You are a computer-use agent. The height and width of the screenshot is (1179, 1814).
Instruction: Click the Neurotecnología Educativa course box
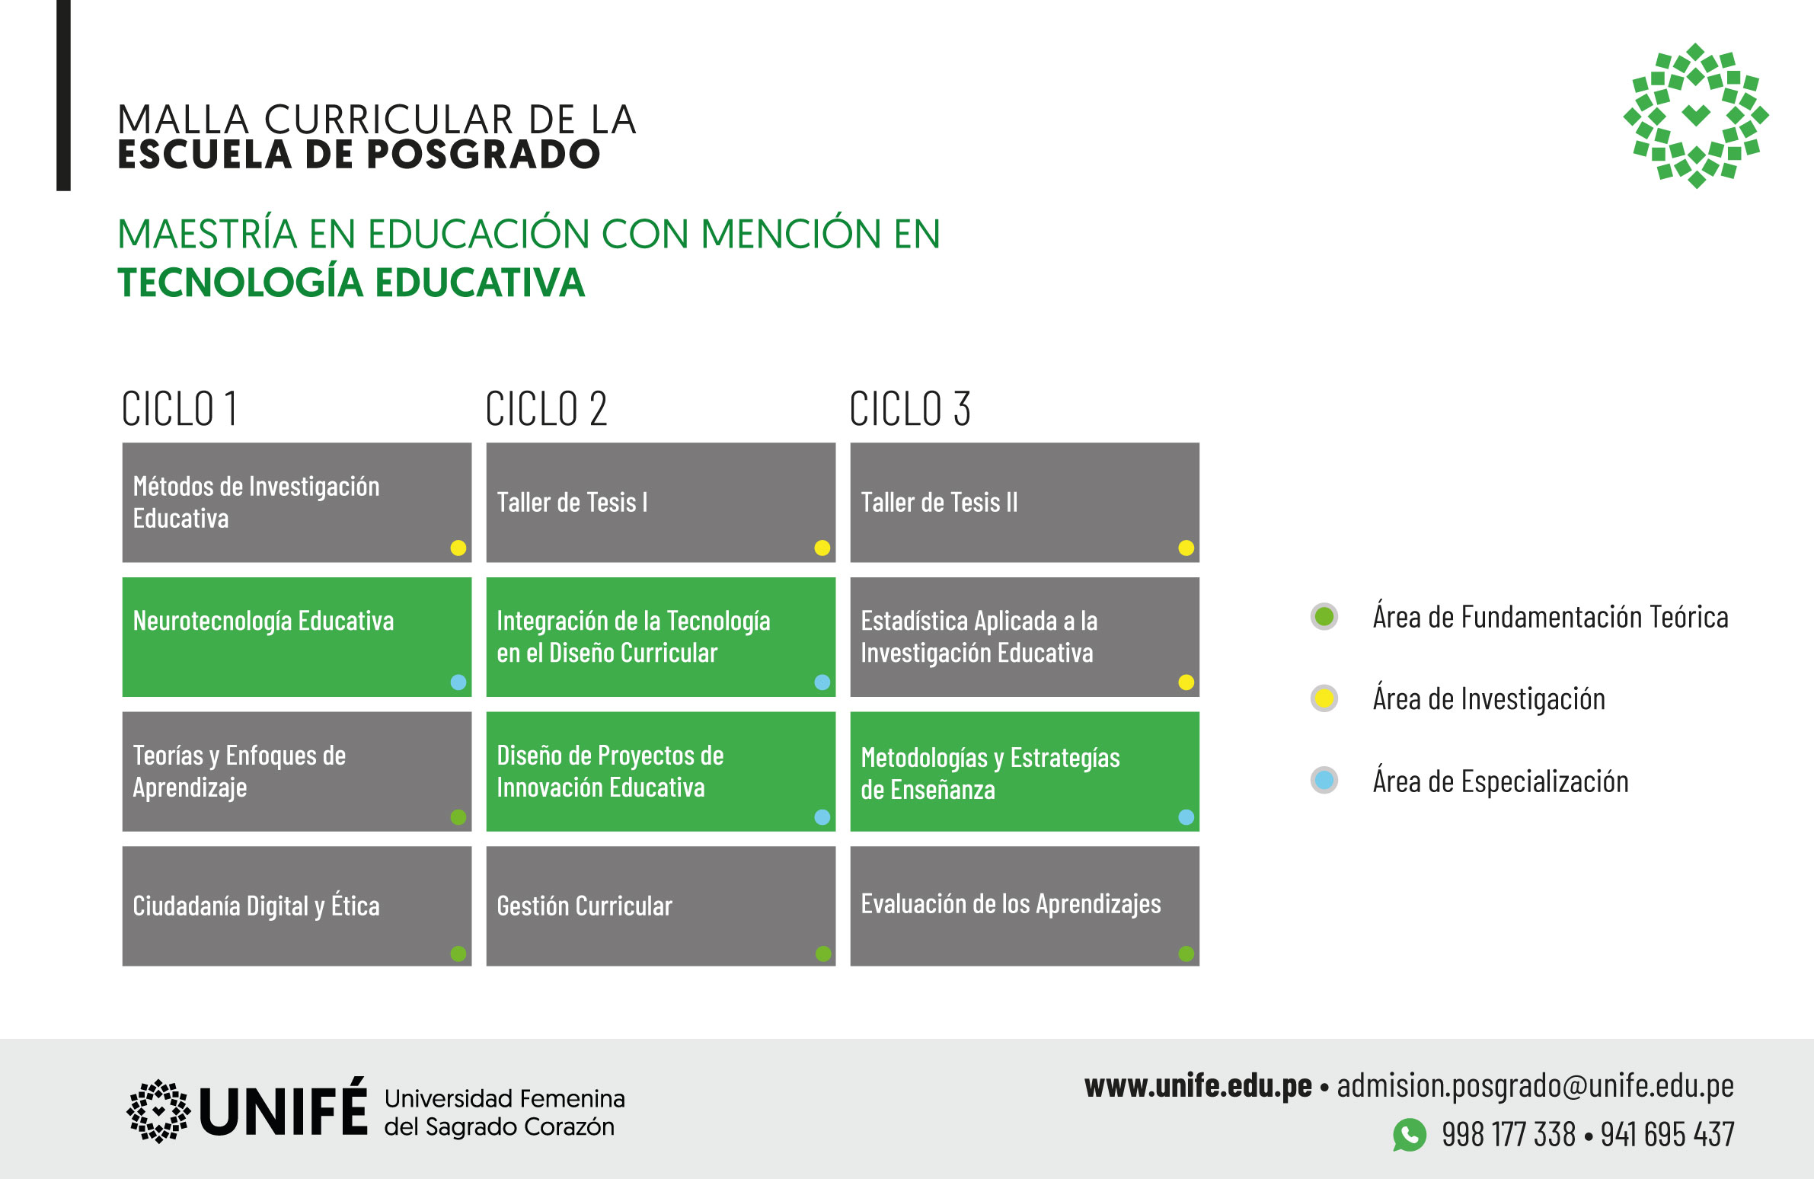click(296, 637)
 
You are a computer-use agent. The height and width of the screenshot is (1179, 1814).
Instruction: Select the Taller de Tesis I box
click(661, 502)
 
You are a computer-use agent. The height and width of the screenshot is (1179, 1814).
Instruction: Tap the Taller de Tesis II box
click(1024, 502)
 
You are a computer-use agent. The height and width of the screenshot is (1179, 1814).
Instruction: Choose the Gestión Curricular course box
click(661, 906)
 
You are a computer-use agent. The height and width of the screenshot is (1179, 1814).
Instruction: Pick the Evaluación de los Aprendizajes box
click(1024, 906)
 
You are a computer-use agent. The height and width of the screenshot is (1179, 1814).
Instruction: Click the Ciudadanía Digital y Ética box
click(296, 906)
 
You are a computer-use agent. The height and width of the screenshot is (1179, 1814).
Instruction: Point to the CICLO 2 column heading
click(547, 408)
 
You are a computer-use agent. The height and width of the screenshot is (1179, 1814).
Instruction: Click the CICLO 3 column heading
click(910, 408)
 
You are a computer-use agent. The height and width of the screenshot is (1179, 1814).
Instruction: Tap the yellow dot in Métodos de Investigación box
click(458, 548)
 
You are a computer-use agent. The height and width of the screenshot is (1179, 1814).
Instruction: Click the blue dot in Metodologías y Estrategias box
click(1186, 817)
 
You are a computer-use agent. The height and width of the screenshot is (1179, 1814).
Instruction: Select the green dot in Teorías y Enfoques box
click(458, 817)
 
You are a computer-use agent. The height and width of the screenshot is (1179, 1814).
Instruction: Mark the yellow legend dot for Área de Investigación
click(1324, 698)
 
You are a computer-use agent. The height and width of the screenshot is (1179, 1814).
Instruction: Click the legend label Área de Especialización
click(1500, 782)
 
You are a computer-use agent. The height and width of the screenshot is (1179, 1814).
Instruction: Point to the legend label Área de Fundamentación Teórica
click(1551, 617)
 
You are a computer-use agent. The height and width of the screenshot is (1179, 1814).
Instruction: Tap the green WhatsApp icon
click(1410, 1135)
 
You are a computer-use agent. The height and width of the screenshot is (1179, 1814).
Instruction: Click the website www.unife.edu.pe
click(1198, 1086)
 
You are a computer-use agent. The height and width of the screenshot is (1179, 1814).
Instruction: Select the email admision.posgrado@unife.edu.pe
click(1535, 1086)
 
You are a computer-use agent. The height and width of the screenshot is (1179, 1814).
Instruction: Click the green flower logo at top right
click(1696, 116)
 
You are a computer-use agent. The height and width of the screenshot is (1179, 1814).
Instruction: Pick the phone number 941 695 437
click(1667, 1135)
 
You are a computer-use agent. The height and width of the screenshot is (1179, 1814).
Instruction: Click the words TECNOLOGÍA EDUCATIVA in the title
click(351, 283)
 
